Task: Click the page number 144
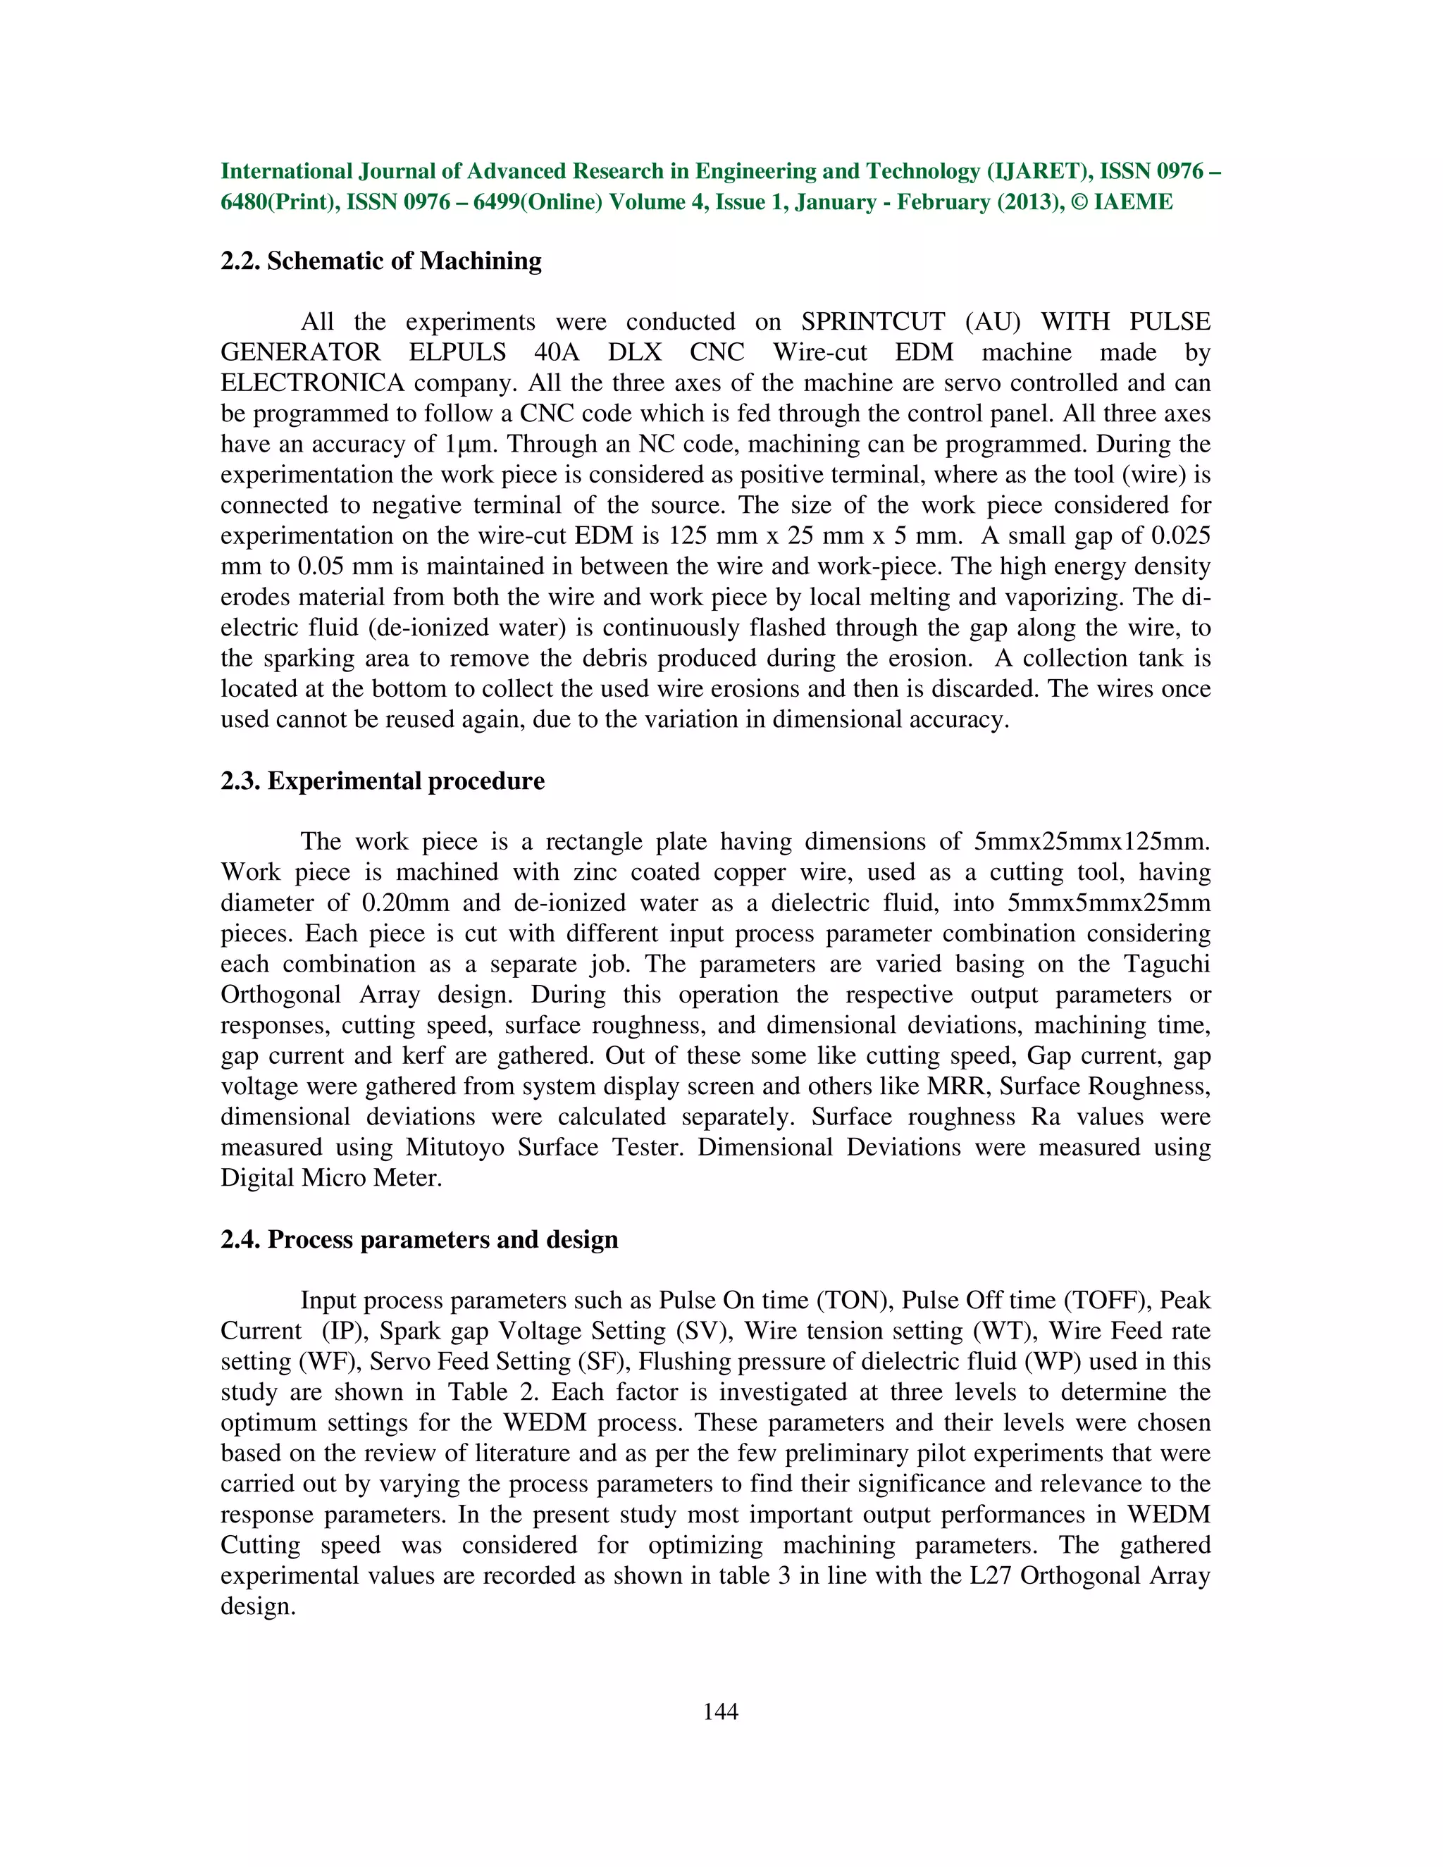720,1711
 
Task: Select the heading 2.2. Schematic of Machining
380,261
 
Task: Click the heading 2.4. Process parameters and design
419,1239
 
